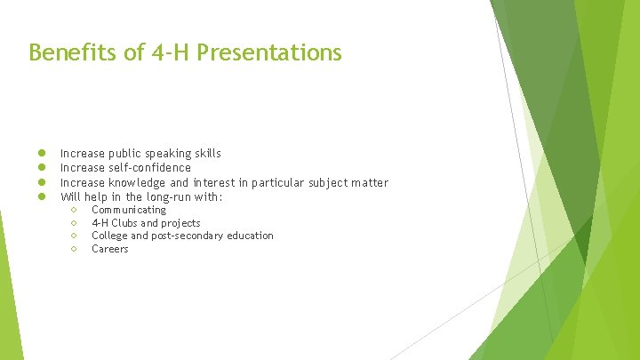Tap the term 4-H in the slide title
click(168, 53)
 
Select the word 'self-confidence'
click(149, 168)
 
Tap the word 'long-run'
click(166, 196)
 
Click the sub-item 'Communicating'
click(129, 210)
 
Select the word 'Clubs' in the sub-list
click(124, 223)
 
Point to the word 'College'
click(109, 236)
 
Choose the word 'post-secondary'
click(189, 236)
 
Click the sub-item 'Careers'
click(110, 249)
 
